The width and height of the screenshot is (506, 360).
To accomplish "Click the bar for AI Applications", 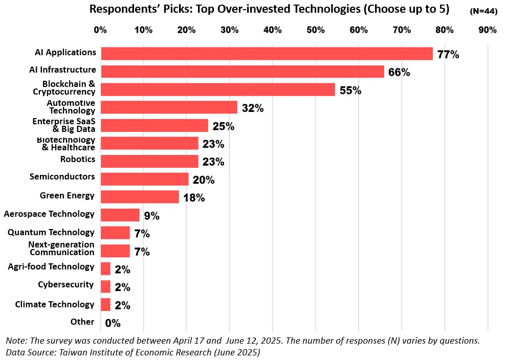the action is [x=267, y=54].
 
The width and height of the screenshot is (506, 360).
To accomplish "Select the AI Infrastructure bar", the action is [x=243, y=72].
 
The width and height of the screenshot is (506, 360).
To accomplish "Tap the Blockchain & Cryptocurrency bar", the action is [x=218, y=89].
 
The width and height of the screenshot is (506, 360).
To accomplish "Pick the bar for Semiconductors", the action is [x=145, y=179].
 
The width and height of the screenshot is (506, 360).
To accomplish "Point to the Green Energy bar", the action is [x=140, y=197].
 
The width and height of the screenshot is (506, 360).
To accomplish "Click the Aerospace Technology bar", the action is [x=120, y=215].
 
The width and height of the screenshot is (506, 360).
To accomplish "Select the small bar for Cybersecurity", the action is [x=106, y=286].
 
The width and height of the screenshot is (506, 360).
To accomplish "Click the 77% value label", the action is [x=448, y=55].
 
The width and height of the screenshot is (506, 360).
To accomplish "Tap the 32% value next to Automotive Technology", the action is [x=253, y=108].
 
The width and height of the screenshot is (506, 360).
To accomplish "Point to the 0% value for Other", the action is [x=113, y=323].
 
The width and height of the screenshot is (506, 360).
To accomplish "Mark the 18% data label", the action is [x=194, y=198].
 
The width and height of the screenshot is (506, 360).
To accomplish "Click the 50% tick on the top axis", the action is [x=316, y=30].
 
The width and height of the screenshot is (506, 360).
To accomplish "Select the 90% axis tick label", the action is [x=488, y=30].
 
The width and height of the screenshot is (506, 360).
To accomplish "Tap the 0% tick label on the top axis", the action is [x=100, y=30].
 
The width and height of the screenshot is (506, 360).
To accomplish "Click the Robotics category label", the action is [x=78, y=159].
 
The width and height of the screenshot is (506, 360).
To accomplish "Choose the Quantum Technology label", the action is [x=51, y=233].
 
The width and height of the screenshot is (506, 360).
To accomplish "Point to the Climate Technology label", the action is [x=55, y=304].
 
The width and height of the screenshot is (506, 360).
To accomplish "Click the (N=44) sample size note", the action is [x=483, y=11].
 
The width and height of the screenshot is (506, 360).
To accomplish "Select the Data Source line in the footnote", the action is [x=133, y=352].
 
